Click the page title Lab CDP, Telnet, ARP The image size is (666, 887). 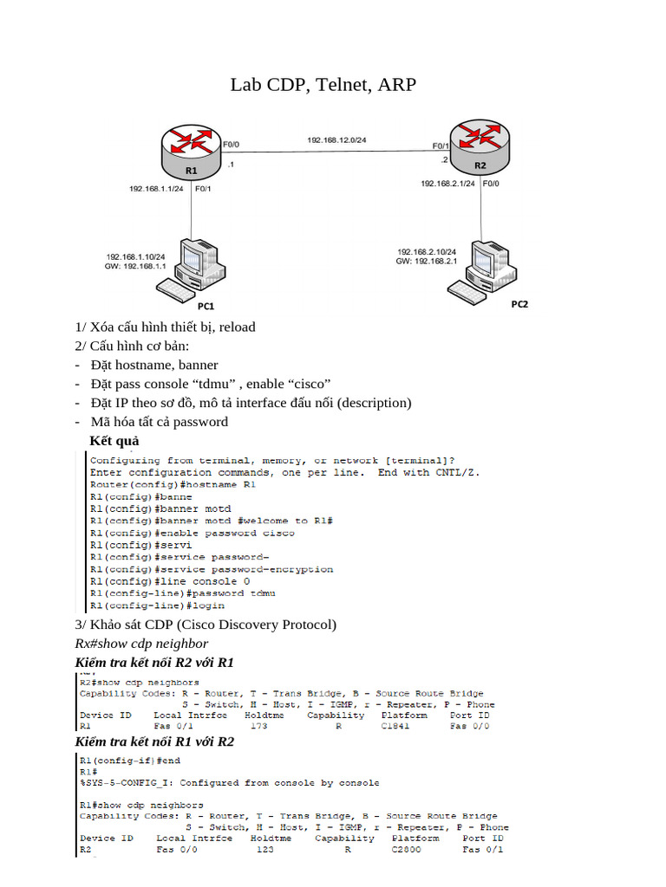pos(323,85)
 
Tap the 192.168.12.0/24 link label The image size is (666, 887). pos(336,139)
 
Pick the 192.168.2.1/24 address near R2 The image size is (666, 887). pos(447,184)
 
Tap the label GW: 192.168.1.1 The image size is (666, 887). pos(135,267)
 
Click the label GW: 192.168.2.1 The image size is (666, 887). pos(426,261)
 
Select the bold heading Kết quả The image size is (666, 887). pos(114,442)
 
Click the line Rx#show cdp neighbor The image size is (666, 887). pos(141,644)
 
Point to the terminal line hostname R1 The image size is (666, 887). pos(173,484)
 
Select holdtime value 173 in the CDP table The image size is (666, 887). pos(258,726)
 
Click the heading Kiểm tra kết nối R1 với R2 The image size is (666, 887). pos(154,741)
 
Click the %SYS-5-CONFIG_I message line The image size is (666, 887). pos(229,783)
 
